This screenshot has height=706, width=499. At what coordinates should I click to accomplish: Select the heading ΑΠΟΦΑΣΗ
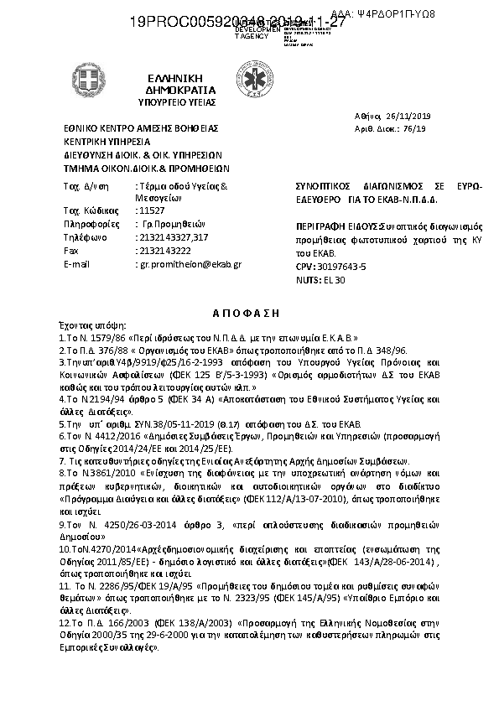point(250,309)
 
